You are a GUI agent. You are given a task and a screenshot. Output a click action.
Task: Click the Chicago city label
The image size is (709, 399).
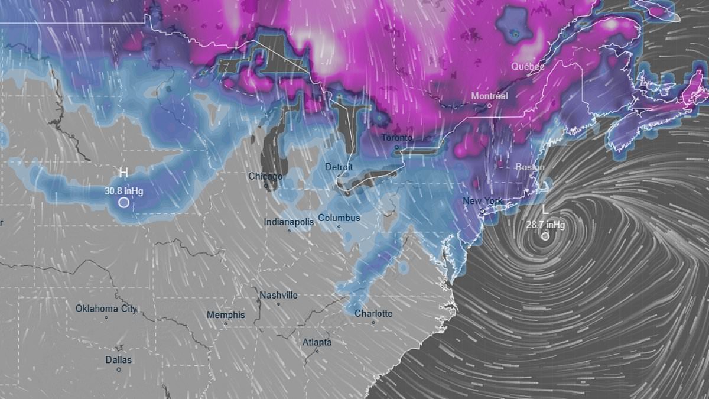point(265,176)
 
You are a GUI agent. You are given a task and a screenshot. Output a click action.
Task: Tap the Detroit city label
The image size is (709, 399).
point(339,167)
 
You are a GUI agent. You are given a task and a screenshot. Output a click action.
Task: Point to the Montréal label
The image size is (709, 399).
point(489,96)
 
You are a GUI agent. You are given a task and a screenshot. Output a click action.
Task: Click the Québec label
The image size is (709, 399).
point(528,66)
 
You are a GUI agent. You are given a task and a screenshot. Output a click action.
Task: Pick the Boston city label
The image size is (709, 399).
point(530,167)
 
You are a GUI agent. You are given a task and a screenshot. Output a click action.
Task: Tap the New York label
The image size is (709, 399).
point(483,201)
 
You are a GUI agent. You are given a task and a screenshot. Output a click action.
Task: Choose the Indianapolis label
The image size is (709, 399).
point(288,222)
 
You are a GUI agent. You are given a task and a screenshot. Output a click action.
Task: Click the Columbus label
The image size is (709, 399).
point(339,218)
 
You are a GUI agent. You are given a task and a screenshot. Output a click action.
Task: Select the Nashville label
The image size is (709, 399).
point(279,295)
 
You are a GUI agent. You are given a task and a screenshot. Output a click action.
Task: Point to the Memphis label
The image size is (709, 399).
point(226,315)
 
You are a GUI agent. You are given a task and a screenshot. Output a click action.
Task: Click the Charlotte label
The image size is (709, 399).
point(373,313)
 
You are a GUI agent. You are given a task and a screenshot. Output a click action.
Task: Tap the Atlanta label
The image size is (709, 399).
point(317,342)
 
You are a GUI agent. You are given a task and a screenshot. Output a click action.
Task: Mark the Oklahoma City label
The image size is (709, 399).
point(106,309)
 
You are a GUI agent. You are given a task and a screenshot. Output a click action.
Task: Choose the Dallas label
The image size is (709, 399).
point(119,359)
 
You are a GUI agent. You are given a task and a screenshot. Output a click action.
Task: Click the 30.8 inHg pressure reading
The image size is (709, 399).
point(124,191)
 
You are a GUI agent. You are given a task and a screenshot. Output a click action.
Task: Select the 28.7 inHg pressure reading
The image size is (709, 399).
point(545,225)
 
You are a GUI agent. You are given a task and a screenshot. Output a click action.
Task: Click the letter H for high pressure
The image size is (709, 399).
point(123,173)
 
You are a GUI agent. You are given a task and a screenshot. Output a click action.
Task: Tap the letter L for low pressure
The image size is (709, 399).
point(545,210)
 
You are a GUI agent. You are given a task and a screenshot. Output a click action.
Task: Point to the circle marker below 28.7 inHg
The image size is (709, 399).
point(545,236)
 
